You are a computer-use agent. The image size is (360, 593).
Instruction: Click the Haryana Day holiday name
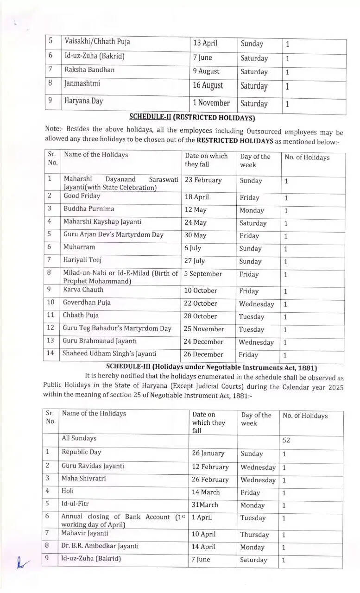click(83, 101)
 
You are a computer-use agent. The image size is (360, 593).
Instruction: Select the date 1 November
click(211, 103)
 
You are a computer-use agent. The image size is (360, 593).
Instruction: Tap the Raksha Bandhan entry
click(89, 70)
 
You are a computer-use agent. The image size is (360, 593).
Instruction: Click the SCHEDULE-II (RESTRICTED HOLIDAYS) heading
click(192, 117)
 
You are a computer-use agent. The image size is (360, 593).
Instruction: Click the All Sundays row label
click(79, 438)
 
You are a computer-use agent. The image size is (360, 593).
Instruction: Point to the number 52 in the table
click(286, 441)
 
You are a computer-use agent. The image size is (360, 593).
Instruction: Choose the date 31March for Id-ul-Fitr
click(205, 505)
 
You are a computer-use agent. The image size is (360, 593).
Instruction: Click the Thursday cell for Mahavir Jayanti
click(254, 535)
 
